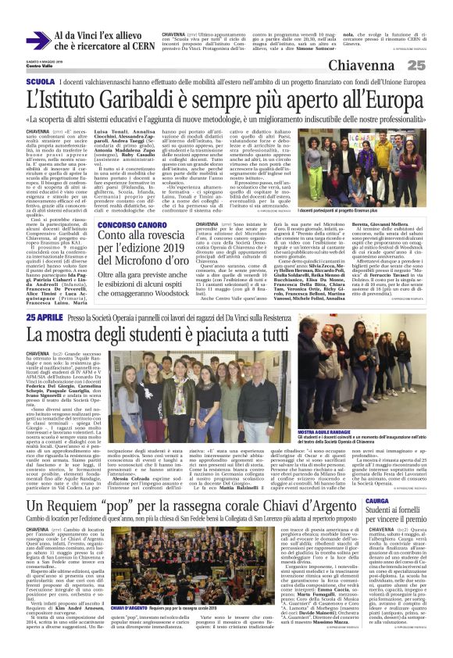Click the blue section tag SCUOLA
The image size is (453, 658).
18,81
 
